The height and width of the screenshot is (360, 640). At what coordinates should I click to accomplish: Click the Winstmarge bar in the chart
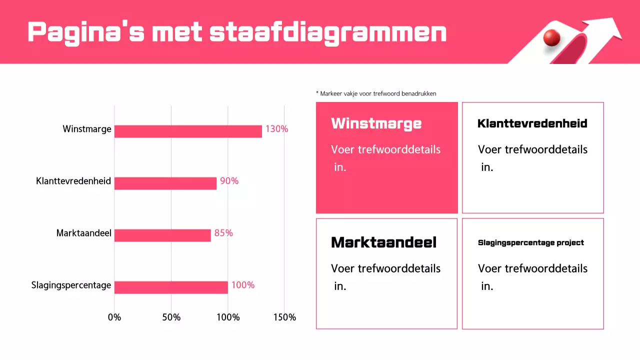tap(188, 131)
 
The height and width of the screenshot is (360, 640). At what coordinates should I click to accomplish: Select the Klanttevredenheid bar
tap(165, 183)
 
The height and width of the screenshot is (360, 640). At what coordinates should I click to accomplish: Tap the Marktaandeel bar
tap(162, 235)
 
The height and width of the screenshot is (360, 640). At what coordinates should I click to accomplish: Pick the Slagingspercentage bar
tap(171, 287)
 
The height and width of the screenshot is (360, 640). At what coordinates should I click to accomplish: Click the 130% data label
tap(276, 129)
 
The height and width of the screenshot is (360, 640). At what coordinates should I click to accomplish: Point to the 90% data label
tap(229, 181)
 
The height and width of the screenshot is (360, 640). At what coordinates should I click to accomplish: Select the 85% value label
tap(223, 233)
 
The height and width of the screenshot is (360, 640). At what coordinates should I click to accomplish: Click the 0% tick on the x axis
tap(114, 317)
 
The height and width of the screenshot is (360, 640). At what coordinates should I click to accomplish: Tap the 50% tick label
tap(171, 317)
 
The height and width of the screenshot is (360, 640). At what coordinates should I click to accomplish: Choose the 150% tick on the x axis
tap(284, 317)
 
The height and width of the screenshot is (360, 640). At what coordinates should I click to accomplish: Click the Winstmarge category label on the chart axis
tap(87, 129)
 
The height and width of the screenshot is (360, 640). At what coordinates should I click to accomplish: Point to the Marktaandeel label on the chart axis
tap(84, 233)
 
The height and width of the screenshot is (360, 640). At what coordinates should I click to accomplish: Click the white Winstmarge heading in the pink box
tap(376, 123)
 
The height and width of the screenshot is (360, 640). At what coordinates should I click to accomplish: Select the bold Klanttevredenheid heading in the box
tap(532, 123)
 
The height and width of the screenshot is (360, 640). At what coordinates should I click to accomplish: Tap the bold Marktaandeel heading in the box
tap(383, 242)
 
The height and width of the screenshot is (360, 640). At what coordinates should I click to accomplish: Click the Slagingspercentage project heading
tap(531, 242)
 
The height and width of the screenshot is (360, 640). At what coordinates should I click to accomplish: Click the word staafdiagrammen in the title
tap(328, 32)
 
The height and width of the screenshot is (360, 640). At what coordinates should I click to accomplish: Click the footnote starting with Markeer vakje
tap(376, 93)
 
